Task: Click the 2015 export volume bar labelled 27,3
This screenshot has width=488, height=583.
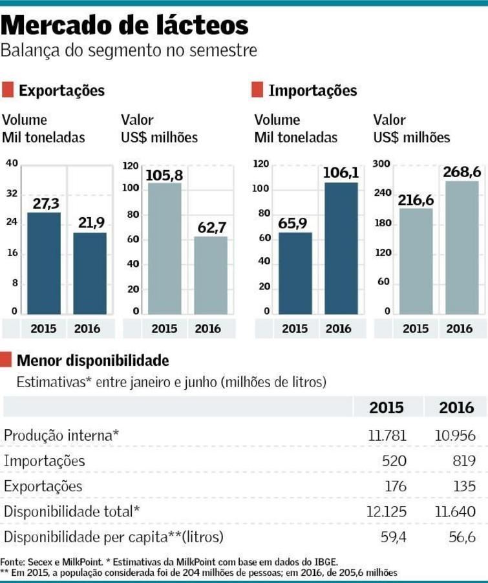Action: pyautogui.click(x=44, y=262)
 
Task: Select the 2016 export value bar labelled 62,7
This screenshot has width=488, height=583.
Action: pyautogui.click(x=210, y=275)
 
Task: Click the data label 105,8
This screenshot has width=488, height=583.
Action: pyautogui.click(x=164, y=175)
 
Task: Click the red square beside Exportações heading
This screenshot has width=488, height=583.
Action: pyautogui.click(x=8, y=90)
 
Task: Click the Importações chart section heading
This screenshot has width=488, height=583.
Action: pyautogui.click(x=312, y=90)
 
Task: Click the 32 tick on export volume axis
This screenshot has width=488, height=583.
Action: pyautogui.click(x=12, y=193)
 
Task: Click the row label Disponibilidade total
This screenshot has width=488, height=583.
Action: pyautogui.click(x=72, y=511)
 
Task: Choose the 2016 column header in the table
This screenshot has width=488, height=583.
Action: pyautogui.click(x=456, y=408)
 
